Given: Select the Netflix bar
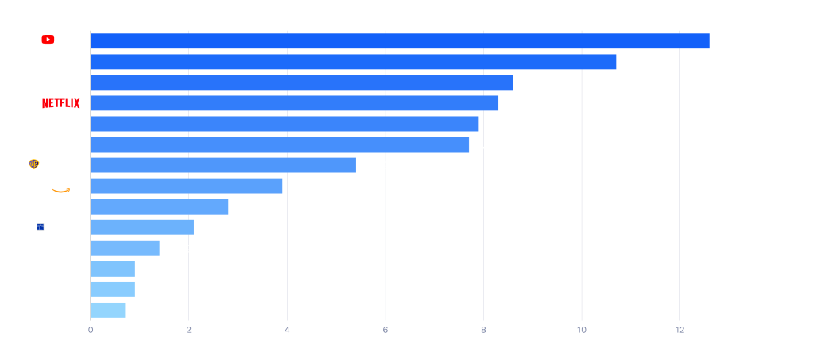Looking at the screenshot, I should click(x=295, y=103).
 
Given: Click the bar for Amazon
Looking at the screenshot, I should click(x=187, y=186).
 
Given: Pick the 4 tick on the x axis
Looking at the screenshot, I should click(x=287, y=330).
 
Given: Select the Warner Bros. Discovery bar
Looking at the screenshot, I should click(x=223, y=165).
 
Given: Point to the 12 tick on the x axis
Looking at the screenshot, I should click(x=679, y=330).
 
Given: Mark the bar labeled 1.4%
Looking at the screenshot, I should click(x=125, y=248).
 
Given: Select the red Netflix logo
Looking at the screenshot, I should click(x=61, y=103).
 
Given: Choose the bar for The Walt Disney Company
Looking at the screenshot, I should click(x=354, y=62).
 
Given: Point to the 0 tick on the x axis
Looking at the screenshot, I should click(x=91, y=330).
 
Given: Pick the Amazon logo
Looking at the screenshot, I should click(x=64, y=186).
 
